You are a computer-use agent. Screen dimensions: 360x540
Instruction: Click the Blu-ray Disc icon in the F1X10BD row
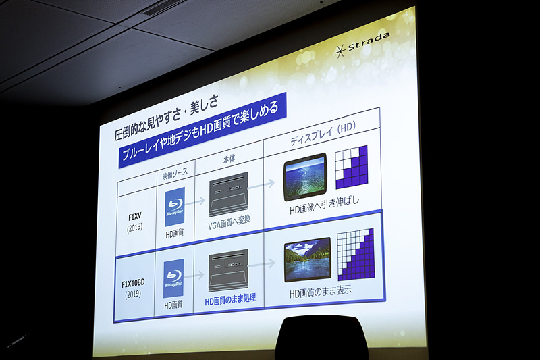coord(173,278)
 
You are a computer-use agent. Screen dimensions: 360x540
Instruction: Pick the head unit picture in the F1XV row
coord(228,195)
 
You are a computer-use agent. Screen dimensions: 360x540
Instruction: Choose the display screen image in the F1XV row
coord(304,178)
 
